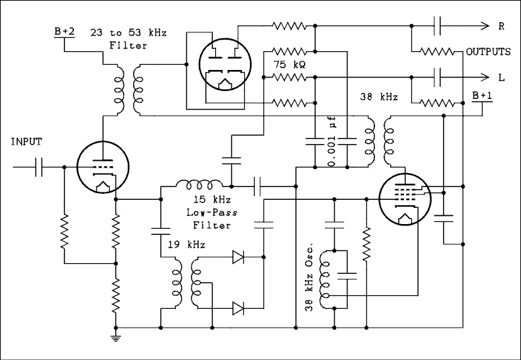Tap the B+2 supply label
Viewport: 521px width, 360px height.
65,31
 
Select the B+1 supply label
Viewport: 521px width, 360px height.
481,97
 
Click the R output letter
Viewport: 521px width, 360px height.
501,27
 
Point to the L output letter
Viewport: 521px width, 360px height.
501,77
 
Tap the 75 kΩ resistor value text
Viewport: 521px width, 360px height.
290,65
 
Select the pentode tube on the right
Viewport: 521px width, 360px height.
403,199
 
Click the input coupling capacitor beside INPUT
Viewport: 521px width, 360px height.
39,166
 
